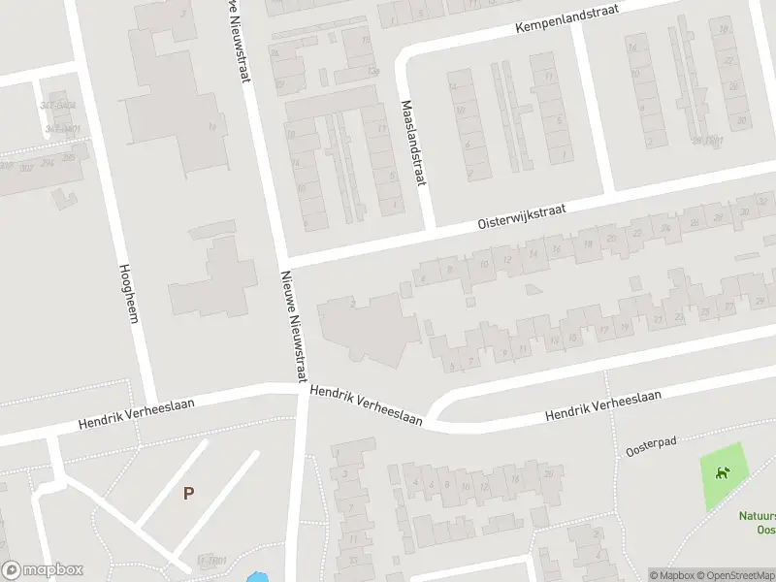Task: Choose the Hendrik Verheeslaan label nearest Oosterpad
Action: pos(602,405)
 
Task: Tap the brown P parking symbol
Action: pos(188,493)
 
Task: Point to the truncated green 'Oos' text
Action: pos(765,530)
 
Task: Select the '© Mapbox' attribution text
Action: pos(671,575)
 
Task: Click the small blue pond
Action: pos(258,577)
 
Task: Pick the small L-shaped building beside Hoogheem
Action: pos(64,197)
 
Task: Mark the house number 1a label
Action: pos(211,126)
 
